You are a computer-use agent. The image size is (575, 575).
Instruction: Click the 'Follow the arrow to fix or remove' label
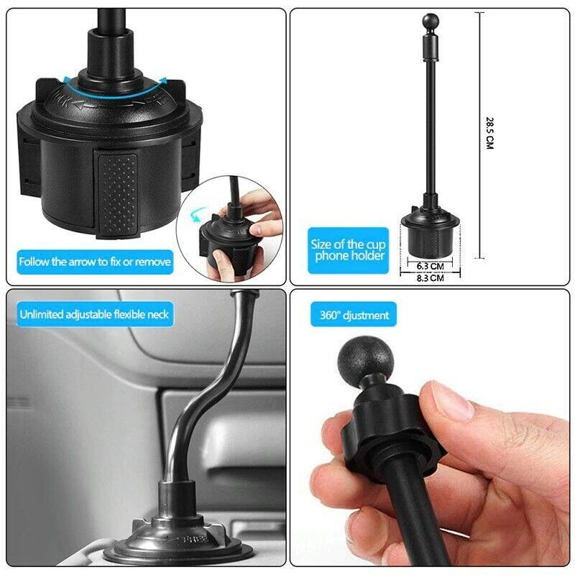tap(95, 262)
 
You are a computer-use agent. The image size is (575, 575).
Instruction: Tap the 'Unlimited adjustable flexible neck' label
tap(95, 314)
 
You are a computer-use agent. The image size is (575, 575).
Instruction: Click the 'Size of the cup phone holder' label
tap(348, 249)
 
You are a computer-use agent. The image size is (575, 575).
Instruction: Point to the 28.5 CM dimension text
tap(489, 133)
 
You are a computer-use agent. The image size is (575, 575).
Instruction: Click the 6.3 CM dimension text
tap(430, 265)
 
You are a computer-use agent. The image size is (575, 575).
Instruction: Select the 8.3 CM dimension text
tap(430, 277)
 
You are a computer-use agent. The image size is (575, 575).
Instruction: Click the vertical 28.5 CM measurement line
tap(479, 137)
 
